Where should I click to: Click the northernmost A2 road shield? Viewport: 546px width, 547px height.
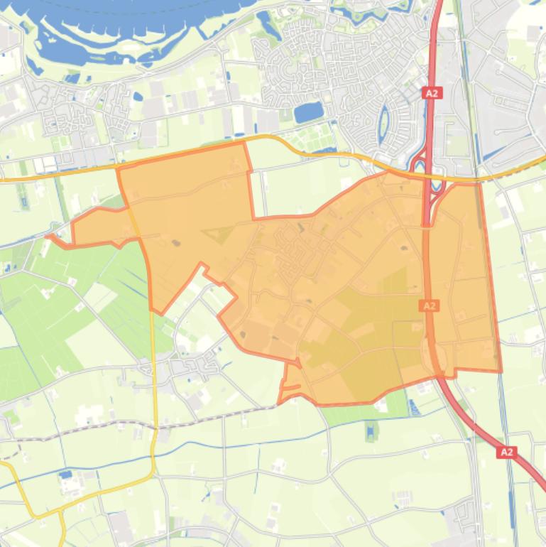point(432,92)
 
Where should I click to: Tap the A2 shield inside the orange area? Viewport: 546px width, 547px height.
point(429,305)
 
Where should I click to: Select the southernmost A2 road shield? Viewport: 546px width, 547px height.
point(506,452)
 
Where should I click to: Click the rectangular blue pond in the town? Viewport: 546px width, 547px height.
point(307,112)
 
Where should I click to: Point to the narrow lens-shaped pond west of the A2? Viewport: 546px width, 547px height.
point(384,121)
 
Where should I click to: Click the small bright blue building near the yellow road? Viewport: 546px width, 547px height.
point(65,474)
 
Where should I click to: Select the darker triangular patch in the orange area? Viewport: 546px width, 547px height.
point(220,234)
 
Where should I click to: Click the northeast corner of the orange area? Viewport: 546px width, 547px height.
point(479,183)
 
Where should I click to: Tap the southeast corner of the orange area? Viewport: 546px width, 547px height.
point(501,370)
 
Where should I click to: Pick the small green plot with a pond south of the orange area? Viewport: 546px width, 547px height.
point(371,430)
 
